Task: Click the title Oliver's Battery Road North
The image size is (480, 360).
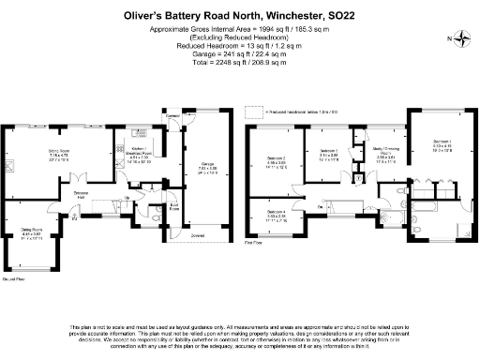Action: coord(239,16)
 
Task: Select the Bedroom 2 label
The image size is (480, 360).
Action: coord(277,158)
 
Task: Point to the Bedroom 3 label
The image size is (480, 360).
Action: coord(327,150)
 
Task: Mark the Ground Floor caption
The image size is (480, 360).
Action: coord(13,279)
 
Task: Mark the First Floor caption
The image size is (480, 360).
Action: coord(251,242)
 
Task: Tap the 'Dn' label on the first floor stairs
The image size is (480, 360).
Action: coord(321,204)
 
